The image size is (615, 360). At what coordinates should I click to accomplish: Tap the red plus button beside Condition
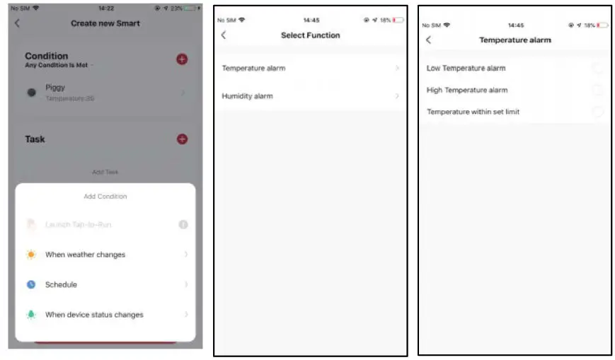(182, 59)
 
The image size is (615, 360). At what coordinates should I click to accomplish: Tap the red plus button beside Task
(182, 139)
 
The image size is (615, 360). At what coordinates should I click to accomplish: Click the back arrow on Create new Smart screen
(18, 23)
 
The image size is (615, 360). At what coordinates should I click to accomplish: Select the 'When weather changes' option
(85, 255)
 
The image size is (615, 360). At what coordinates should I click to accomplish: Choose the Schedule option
(61, 284)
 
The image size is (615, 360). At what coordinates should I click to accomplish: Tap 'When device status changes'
(94, 315)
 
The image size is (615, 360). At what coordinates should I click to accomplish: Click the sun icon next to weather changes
(31, 255)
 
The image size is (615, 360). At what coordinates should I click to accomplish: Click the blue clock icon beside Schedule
(31, 284)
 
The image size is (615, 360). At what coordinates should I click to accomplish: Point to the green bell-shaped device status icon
(31, 315)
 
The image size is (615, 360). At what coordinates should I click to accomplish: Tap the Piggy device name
(55, 88)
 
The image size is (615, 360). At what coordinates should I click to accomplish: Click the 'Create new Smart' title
(105, 23)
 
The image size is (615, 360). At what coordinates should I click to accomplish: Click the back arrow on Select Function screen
(224, 35)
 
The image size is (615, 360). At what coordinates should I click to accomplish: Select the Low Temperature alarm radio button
(597, 68)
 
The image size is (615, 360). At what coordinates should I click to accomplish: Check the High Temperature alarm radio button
(597, 90)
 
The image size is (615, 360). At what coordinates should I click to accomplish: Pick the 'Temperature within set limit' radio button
(597, 112)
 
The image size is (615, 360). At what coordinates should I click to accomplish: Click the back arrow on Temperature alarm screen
(428, 40)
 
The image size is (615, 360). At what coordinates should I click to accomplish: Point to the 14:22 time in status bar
(106, 8)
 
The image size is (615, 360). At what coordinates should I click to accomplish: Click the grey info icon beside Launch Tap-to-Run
(183, 225)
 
